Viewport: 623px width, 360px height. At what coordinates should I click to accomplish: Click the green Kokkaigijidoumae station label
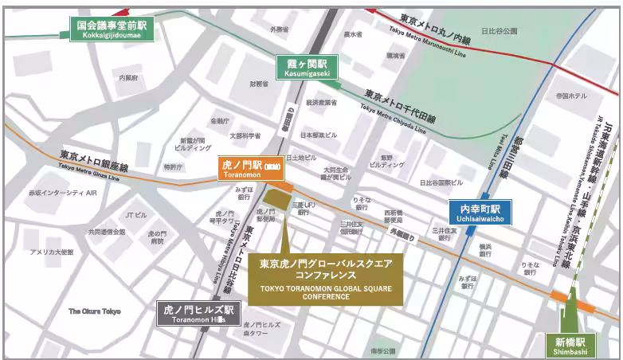coord(111,29)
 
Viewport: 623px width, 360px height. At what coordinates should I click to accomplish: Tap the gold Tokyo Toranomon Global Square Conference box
coord(326,278)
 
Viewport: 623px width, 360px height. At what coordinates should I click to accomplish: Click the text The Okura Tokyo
coord(94,311)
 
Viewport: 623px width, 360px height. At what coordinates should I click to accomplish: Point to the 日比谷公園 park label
coord(499,32)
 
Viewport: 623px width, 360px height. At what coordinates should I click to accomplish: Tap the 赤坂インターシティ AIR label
coord(63,193)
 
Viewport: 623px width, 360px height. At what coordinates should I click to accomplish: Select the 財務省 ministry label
coord(258,83)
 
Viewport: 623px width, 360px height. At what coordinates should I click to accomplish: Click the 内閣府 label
coord(128,78)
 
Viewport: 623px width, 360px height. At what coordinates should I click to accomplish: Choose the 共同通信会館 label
coord(106,232)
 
